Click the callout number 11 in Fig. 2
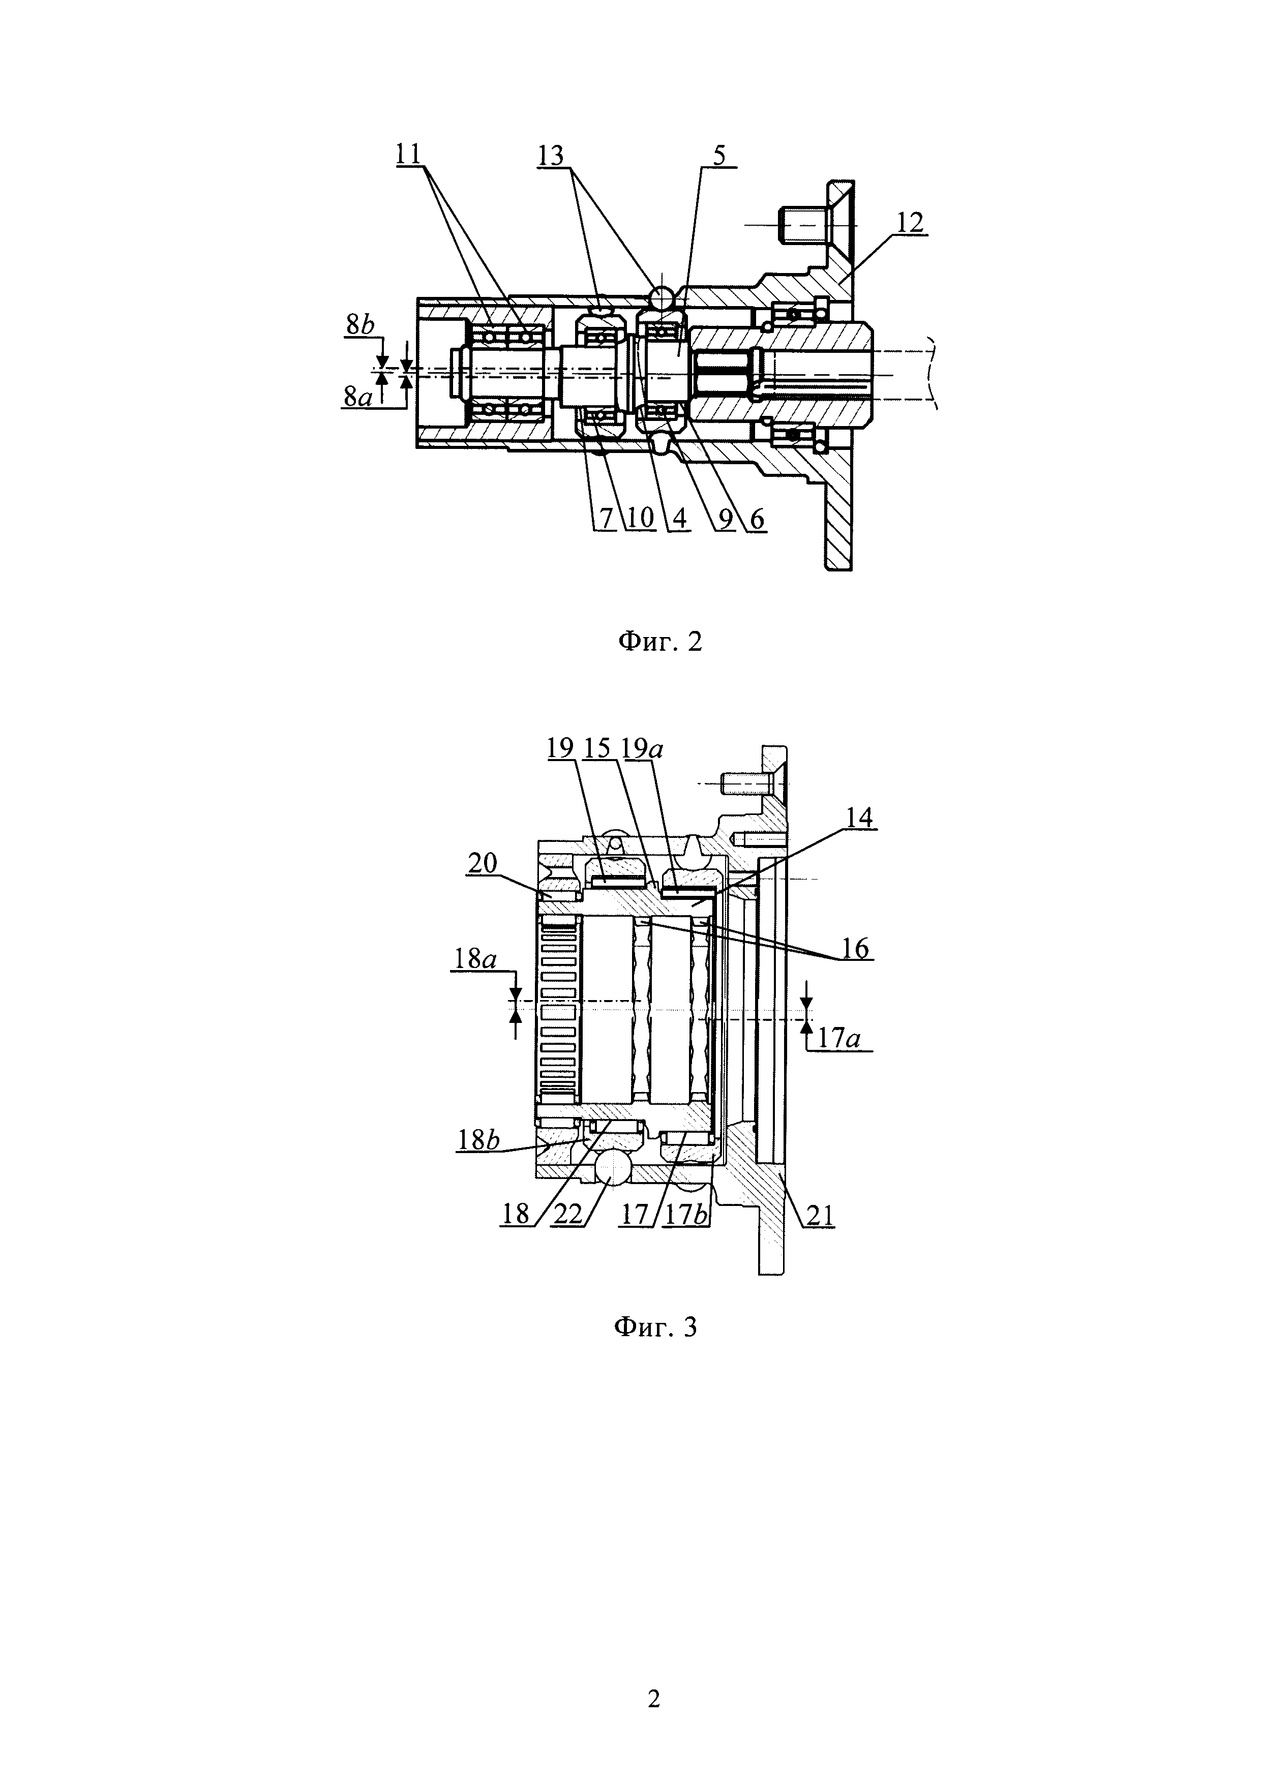[408, 154]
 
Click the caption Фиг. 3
[656, 1326]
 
